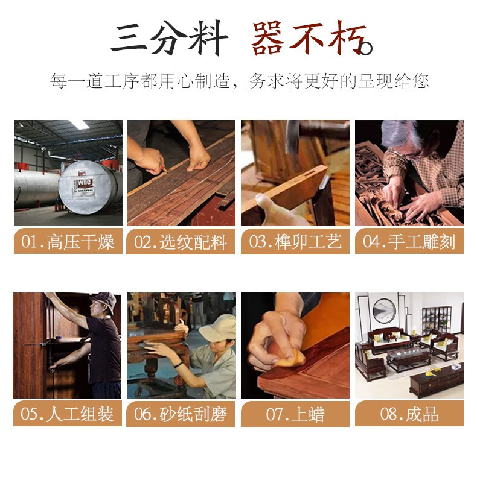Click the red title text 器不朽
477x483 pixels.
point(309,39)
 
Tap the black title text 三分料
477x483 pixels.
point(169,38)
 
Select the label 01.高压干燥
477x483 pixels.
point(68,241)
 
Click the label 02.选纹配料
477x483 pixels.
point(181,242)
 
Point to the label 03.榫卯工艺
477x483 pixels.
point(295,241)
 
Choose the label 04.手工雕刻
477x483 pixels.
point(409,241)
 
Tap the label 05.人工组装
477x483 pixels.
point(67,414)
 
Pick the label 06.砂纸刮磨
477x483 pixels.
point(181,414)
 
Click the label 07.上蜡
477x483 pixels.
point(295,414)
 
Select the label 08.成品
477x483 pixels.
point(409,414)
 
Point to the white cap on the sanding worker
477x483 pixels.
point(218,329)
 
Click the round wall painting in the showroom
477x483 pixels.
point(384,311)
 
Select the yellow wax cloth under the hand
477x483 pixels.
point(290,358)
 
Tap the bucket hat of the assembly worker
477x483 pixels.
point(104,301)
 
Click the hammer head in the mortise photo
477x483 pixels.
point(293,136)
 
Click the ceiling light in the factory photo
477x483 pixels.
point(80,124)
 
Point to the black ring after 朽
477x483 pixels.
point(365,48)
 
